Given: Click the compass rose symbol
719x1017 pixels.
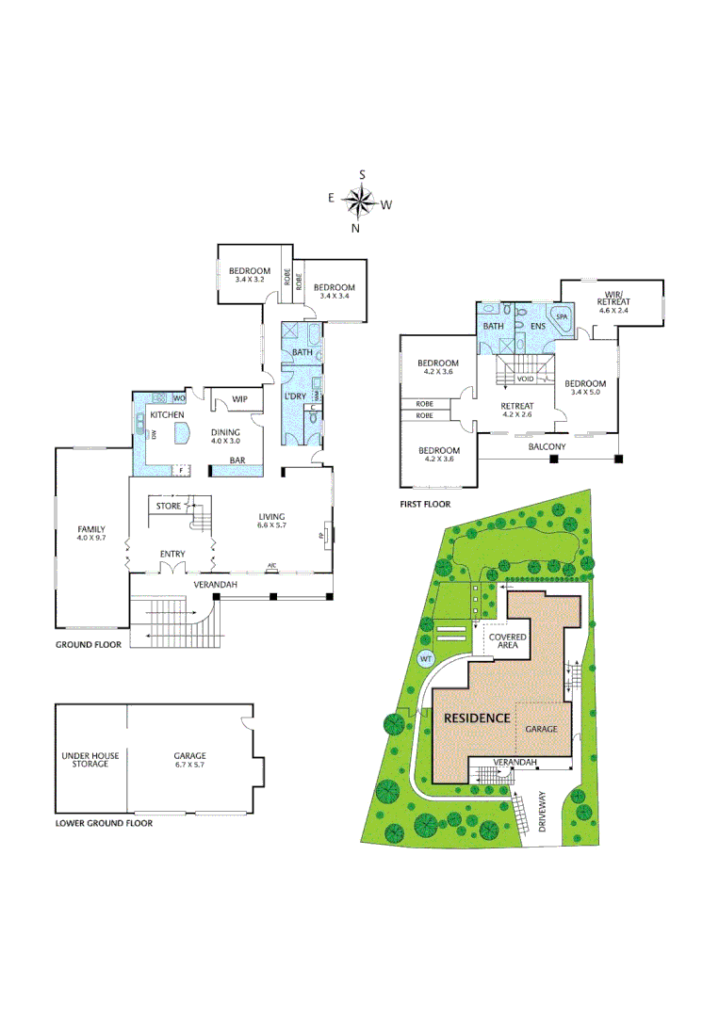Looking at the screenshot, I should tap(358, 201).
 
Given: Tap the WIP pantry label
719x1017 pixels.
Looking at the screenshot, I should tap(239, 399).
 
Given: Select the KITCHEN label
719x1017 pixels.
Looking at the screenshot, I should tap(166, 414).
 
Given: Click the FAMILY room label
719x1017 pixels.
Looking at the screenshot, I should tap(90, 529).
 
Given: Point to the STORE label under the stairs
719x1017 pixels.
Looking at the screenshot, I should tap(169, 507).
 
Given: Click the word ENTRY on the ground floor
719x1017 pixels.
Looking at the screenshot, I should tap(172, 554).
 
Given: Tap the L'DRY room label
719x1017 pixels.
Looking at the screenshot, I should tap(297, 396).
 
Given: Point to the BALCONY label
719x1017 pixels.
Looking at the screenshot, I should tap(547, 446).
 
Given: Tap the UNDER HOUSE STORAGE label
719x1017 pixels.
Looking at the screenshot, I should tap(90, 759).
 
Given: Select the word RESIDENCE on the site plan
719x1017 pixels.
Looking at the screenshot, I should tap(477, 717).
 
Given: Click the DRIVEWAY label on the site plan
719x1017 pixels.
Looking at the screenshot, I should tap(543, 811).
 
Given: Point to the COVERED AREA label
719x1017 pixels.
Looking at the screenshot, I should tap(507, 643).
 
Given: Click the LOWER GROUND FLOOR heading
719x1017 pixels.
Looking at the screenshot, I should tap(104, 822).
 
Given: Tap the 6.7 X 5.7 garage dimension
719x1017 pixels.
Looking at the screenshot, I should tap(189, 765).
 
